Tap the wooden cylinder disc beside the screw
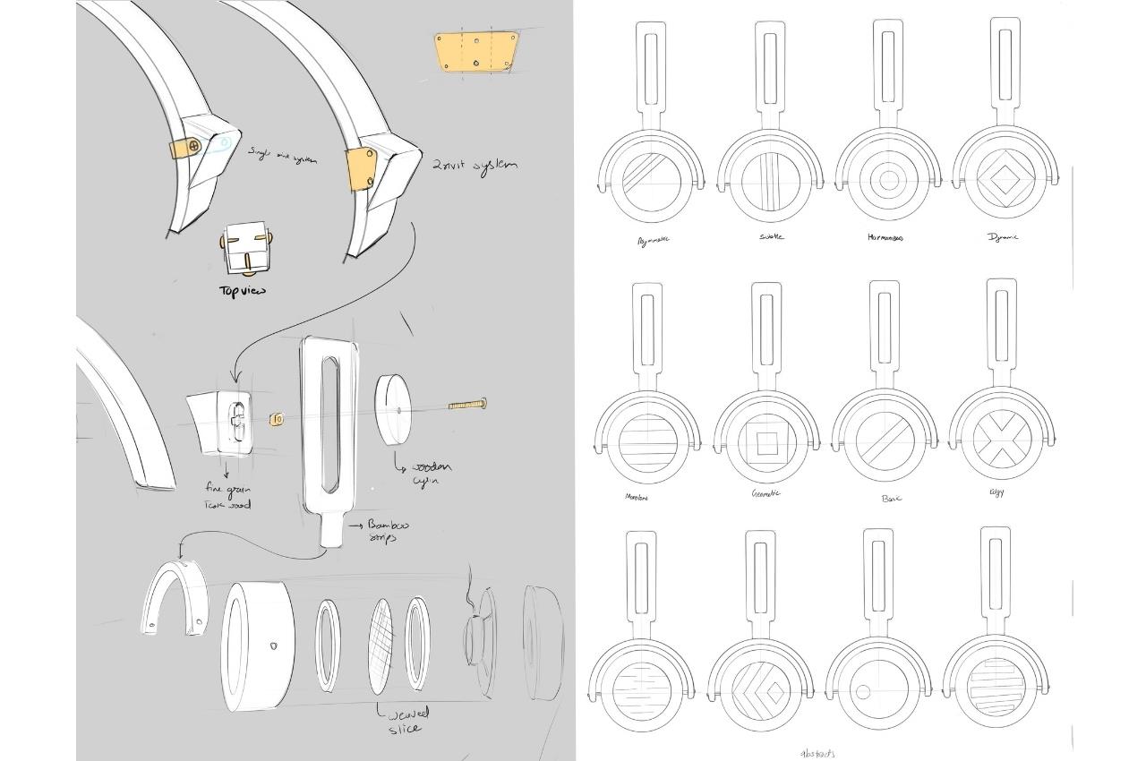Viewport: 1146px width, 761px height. [x=399, y=409]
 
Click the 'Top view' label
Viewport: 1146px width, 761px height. [x=243, y=291]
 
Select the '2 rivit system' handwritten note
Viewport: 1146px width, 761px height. [x=474, y=166]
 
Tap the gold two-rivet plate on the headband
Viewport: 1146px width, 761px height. [x=361, y=169]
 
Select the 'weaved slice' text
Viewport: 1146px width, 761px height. [x=408, y=720]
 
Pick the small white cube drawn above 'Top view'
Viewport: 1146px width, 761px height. [x=244, y=251]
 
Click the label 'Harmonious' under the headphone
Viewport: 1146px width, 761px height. [x=885, y=238]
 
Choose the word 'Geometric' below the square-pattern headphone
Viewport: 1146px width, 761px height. [x=765, y=493]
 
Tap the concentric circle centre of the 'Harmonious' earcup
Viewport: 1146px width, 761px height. [x=888, y=180]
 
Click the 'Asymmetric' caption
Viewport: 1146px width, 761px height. [x=653, y=240]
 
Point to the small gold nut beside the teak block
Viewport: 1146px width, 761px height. [x=276, y=418]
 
